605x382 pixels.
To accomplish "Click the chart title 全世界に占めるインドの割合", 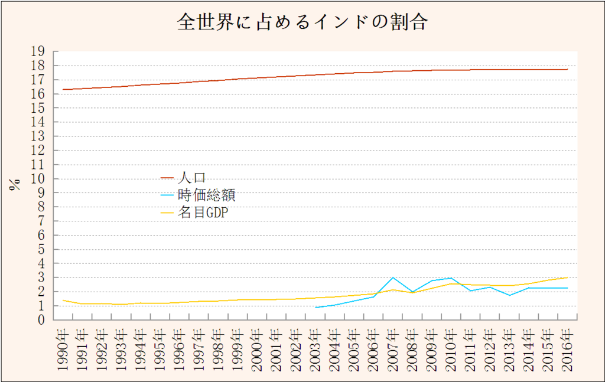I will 302,22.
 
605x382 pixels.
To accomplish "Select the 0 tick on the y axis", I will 42,320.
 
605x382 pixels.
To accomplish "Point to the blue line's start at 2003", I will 315,307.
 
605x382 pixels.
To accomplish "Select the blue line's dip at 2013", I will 509,295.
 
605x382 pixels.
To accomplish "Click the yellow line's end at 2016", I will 568,277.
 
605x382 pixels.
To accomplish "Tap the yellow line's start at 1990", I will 63,301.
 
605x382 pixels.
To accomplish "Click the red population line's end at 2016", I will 568,69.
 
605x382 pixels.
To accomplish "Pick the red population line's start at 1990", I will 63,89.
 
